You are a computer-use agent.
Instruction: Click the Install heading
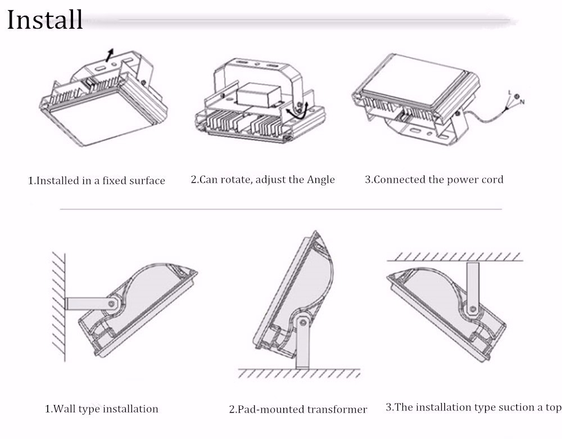(x=45, y=20)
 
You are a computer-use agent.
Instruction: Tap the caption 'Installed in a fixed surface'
(x=97, y=181)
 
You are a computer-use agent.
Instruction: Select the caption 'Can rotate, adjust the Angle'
(x=262, y=180)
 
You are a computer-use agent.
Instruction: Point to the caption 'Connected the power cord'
(x=434, y=180)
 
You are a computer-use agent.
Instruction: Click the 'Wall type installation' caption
(x=101, y=409)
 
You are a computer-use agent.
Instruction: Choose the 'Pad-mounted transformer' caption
(x=298, y=409)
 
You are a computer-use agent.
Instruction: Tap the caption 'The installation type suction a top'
(x=473, y=408)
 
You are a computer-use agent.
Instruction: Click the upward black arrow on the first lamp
(x=110, y=55)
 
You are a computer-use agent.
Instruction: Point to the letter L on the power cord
(x=509, y=92)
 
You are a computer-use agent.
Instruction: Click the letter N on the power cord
(x=522, y=102)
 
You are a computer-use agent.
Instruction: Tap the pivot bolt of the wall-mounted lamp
(x=112, y=304)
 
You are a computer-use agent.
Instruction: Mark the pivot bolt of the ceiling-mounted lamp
(x=473, y=309)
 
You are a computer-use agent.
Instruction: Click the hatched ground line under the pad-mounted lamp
(x=298, y=373)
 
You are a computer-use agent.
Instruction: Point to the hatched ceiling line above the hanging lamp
(x=455, y=257)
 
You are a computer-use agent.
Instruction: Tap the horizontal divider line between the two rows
(x=281, y=209)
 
